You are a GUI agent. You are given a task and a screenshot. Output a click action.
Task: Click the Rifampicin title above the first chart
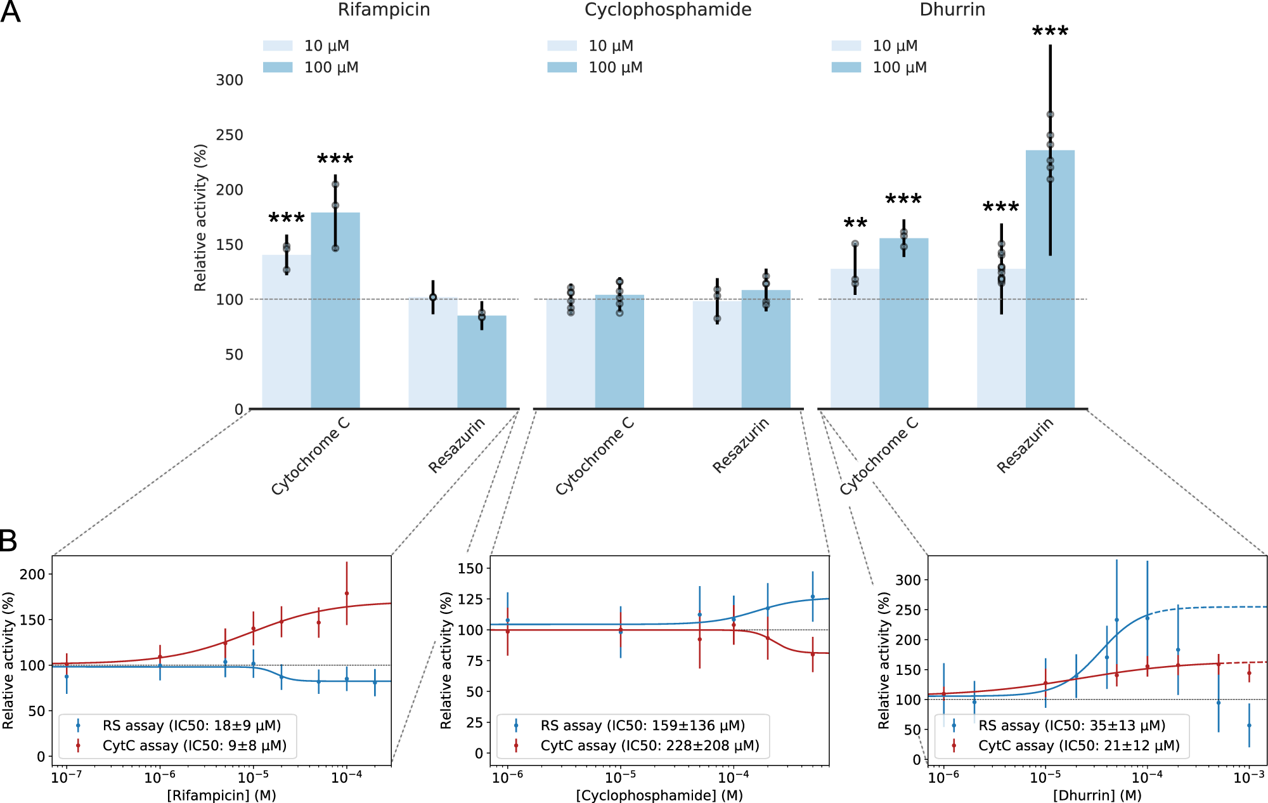point(384,10)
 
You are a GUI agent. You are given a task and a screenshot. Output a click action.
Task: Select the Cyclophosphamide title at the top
point(668,10)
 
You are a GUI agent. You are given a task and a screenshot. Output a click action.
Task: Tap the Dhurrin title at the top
point(952,10)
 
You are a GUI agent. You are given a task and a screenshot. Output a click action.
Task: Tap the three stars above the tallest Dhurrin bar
point(1050,32)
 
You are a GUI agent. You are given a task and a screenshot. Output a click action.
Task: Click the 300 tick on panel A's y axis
point(230,81)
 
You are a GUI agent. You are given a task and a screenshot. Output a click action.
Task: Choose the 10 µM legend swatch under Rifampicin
point(278,46)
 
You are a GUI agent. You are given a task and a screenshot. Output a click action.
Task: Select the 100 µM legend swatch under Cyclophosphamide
point(562,67)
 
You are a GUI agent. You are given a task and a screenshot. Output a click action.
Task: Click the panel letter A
point(10,11)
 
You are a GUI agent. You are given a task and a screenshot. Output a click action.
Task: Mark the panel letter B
point(8,541)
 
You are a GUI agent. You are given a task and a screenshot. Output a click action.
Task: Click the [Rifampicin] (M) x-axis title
point(221,795)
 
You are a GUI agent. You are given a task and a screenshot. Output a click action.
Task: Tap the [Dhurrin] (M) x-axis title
point(1097,795)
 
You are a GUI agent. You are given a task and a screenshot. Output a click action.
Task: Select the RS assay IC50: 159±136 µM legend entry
point(642,726)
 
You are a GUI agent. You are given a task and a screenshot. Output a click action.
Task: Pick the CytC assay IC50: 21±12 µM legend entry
point(1078,746)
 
